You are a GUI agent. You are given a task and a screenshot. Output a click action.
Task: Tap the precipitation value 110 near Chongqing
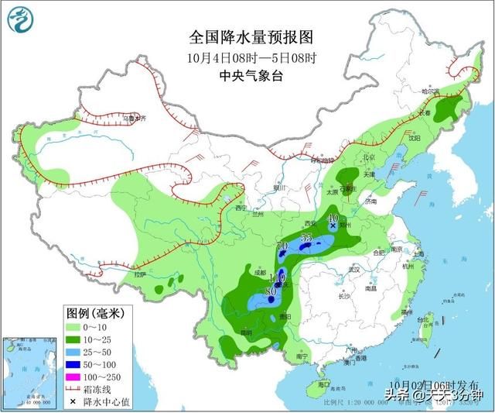pos(276,277)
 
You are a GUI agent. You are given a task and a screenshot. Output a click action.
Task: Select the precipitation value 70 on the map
pos(282,246)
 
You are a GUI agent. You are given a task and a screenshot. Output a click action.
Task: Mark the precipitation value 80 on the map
pos(270,291)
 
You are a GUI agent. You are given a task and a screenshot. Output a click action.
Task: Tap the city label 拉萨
pos(139,274)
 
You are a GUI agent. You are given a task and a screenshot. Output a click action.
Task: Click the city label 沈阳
pos(415,138)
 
